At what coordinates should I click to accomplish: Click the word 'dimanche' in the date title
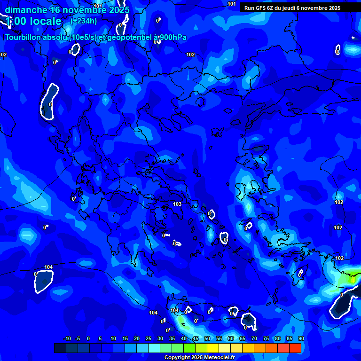[x=26, y=10]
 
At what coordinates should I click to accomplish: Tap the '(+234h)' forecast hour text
[x=84, y=21]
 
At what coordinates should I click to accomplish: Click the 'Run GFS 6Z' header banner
[x=292, y=8]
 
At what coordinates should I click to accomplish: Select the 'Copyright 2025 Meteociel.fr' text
[x=199, y=358]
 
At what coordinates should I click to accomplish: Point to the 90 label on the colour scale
[x=301, y=338]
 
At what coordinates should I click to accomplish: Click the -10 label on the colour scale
[x=67, y=338]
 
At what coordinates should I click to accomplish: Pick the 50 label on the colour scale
[x=207, y=338]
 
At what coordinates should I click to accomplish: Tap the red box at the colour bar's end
[x=295, y=348]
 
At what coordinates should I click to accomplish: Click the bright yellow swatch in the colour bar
[x=212, y=348]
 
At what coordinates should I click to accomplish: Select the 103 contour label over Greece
[x=177, y=204]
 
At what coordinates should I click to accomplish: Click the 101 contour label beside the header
[x=232, y=4]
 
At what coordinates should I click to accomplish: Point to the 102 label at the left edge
[x=3, y=55]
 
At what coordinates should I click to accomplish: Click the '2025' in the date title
[x=119, y=10]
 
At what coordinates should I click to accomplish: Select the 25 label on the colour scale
[x=149, y=338]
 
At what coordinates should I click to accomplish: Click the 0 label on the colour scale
[x=88, y=338]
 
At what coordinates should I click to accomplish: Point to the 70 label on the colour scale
[x=254, y=338]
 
